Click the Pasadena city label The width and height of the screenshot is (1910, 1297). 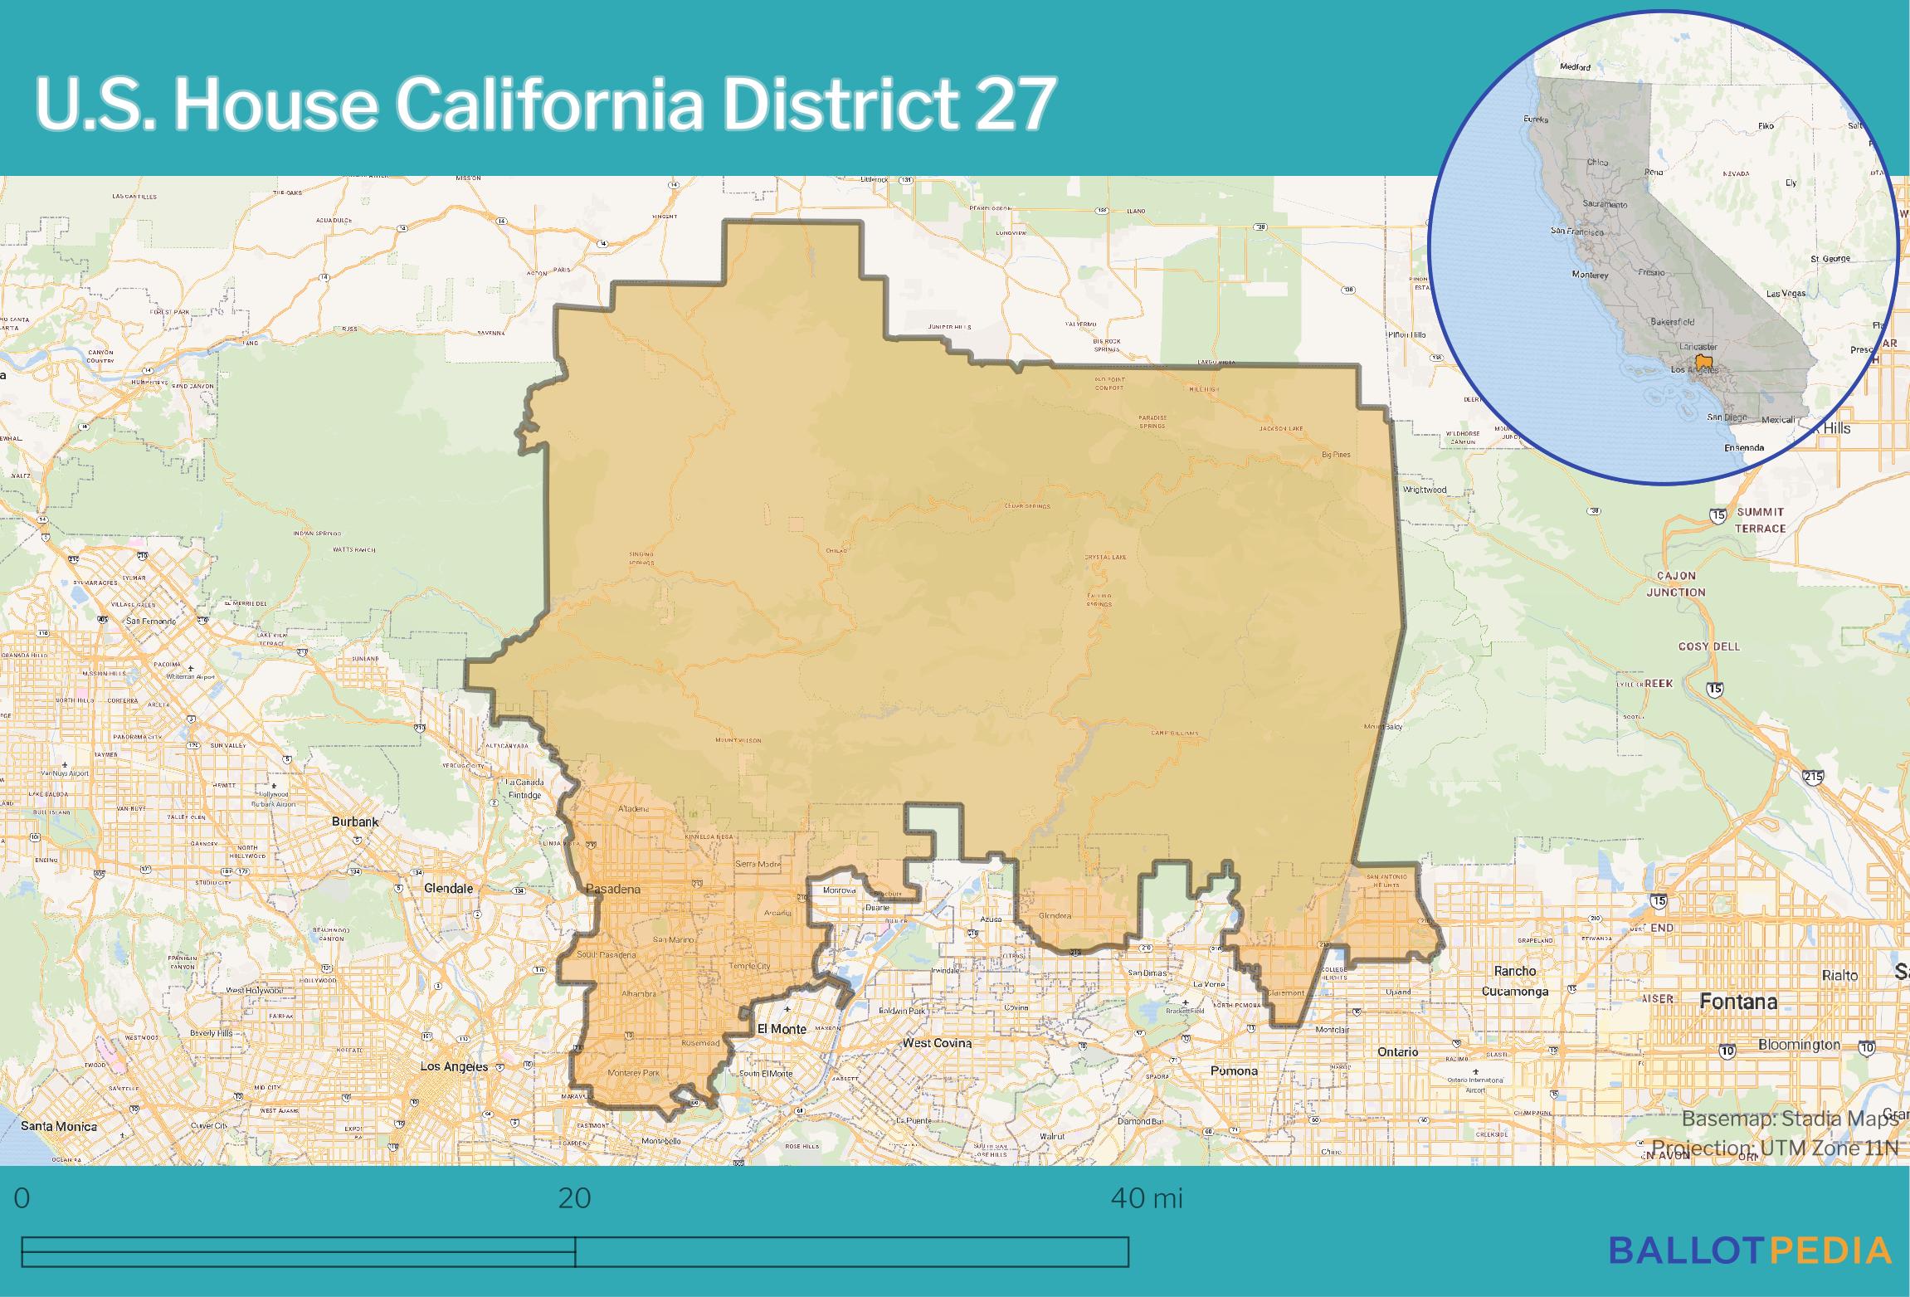[x=613, y=889]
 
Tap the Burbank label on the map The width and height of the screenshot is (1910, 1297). [x=355, y=822]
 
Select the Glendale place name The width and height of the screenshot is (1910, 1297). [x=448, y=888]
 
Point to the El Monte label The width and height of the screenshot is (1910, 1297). [x=782, y=1029]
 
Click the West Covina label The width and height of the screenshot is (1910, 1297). [x=937, y=1043]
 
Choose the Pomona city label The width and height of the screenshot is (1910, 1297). [x=1234, y=1070]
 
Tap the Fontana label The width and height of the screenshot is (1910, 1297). [x=1738, y=1002]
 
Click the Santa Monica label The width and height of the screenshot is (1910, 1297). [x=58, y=1126]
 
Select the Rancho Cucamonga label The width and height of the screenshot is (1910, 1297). [x=1515, y=981]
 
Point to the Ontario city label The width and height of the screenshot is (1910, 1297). [x=1398, y=1051]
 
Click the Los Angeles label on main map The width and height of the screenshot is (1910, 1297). [x=454, y=1066]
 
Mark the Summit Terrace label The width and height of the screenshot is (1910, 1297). [x=1761, y=520]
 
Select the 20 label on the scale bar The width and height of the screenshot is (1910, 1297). [x=574, y=1198]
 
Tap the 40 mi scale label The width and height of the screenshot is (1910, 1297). [x=1147, y=1198]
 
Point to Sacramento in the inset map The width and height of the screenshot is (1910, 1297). [x=1605, y=204]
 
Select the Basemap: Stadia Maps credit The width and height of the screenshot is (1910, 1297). [x=1790, y=1119]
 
